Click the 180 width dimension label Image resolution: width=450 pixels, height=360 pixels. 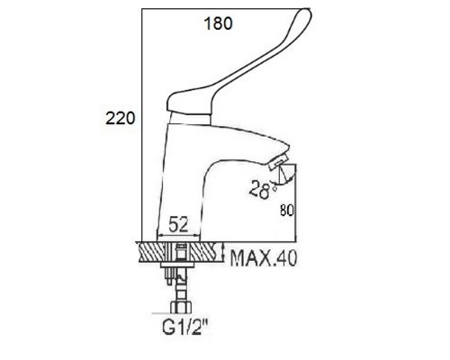pos(218,23)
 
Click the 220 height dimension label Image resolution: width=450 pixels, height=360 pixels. pos(121,118)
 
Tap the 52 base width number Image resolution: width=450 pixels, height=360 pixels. pos(178,224)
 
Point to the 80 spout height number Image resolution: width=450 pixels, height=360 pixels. pos(286,211)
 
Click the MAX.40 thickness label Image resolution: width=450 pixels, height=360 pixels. pos(264,257)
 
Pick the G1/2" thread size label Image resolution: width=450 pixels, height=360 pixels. pos(184,327)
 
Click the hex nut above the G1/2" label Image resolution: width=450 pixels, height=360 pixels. pos(182,307)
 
